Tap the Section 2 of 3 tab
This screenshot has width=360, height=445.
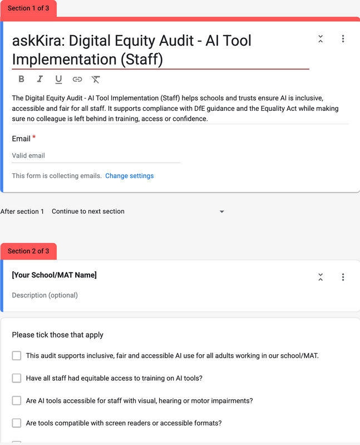pos(28,251)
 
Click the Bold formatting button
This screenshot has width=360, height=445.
pos(21,79)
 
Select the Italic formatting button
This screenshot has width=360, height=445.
pos(40,79)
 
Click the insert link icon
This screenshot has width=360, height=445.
pos(77,79)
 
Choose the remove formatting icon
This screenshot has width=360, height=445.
pos(96,79)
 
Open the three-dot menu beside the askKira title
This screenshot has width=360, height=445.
pos(343,39)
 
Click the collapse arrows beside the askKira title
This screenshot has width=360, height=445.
pos(320,39)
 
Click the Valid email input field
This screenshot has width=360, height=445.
pos(96,156)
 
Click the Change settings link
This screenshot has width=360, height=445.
pos(129,176)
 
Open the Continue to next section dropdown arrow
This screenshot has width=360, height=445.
pos(221,212)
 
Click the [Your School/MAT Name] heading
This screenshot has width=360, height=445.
pos(55,275)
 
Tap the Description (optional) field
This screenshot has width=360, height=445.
pos(45,295)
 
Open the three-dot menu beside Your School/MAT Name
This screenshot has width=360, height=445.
pos(343,277)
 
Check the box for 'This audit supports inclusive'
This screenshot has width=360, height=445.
pos(17,355)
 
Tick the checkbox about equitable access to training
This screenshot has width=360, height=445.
pos(17,378)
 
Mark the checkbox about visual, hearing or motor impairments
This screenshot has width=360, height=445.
pos(17,400)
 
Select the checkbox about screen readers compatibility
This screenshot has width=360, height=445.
pos(17,423)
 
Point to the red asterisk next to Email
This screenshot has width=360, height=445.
pos(34,138)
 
